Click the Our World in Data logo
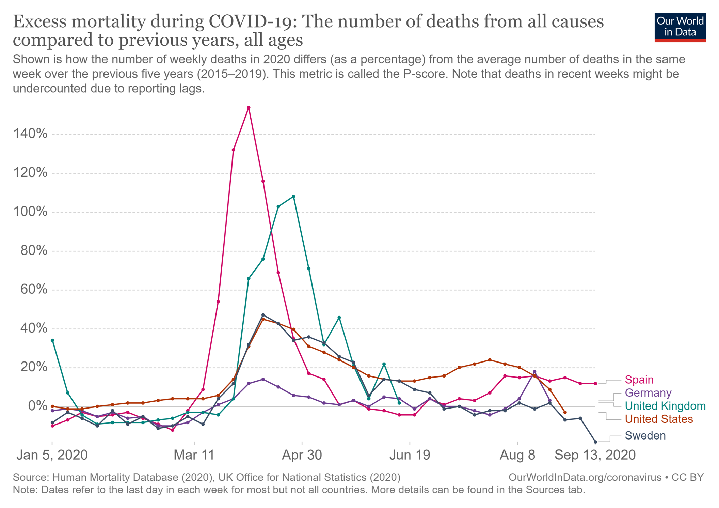pyautogui.click(x=680, y=27)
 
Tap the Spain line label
pyautogui.click(x=639, y=380)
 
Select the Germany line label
pyautogui.click(x=648, y=393)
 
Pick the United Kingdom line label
pyautogui.click(x=665, y=406)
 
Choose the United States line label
pyautogui.click(x=659, y=419)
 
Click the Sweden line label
pyautogui.click(x=645, y=435)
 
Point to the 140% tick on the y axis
pyautogui.click(x=30, y=134)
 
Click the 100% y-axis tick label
pyautogui.click(x=30, y=212)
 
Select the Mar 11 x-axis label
pyautogui.click(x=194, y=455)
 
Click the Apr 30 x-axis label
pyautogui.click(x=302, y=455)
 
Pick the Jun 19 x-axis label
pyautogui.click(x=410, y=455)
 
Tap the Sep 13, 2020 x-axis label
pyautogui.click(x=595, y=455)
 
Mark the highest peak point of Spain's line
pyautogui.click(x=249, y=108)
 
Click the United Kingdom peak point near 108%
pyautogui.click(x=293, y=197)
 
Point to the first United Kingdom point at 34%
pyautogui.click(x=52, y=340)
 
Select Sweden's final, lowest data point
pyautogui.click(x=595, y=442)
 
